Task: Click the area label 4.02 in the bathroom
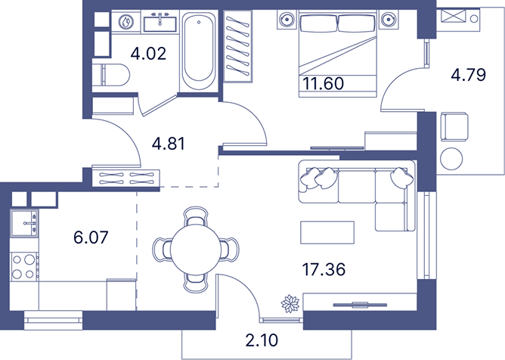[148, 54]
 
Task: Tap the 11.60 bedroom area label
[323, 83]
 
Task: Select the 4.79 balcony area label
[468, 75]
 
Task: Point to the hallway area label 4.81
[169, 144]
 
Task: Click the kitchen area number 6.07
[91, 237]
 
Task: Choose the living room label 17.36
[324, 269]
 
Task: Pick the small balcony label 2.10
[262, 340]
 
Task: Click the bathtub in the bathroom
[199, 51]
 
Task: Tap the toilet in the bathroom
[111, 75]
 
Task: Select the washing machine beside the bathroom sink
[126, 22]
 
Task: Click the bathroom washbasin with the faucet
[160, 22]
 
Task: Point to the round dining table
[196, 250]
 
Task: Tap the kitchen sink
[24, 223]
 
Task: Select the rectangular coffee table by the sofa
[327, 232]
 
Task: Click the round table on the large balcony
[451, 159]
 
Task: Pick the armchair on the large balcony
[454, 126]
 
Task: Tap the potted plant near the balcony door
[290, 303]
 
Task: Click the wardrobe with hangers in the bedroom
[237, 46]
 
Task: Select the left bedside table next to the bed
[287, 20]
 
